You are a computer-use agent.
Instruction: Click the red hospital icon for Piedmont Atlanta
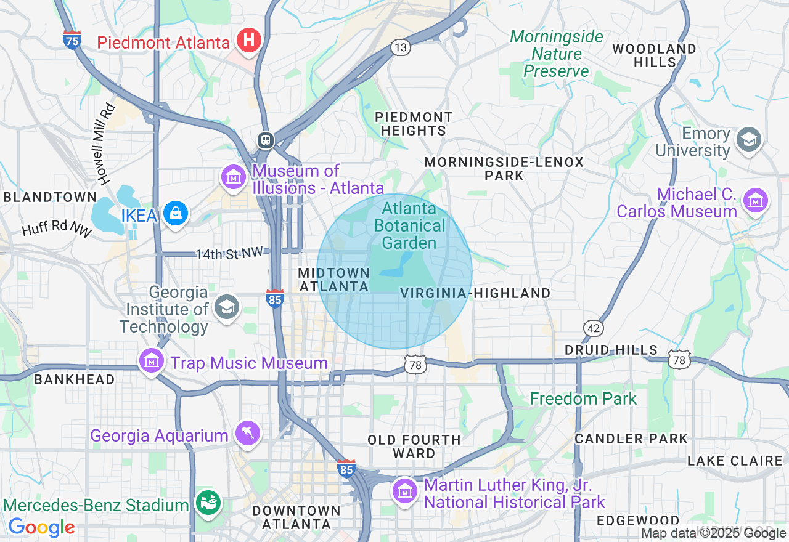[x=249, y=41]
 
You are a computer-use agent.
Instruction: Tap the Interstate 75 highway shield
[x=72, y=40]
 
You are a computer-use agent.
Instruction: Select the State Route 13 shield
[x=401, y=47]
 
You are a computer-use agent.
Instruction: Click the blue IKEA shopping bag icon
[x=176, y=213]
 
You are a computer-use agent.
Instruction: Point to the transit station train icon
[x=266, y=140]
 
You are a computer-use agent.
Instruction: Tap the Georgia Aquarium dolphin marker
[x=248, y=434]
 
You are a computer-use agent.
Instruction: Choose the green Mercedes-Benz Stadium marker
[x=208, y=503]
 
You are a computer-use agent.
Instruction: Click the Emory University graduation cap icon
[x=750, y=139]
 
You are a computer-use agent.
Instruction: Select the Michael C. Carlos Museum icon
[x=755, y=200]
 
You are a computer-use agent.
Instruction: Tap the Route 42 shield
[x=594, y=328]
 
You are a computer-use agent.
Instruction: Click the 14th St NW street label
[x=229, y=253]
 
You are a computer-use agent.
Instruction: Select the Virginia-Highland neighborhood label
[x=475, y=294]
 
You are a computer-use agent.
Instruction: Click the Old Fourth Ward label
[x=414, y=447]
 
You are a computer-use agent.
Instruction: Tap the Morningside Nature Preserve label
[x=557, y=54]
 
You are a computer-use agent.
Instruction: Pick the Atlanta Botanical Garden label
[x=409, y=226]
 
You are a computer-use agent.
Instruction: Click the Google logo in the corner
[x=41, y=527]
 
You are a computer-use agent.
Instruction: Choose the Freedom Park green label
[x=583, y=398]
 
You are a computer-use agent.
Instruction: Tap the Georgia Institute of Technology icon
[x=226, y=307]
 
